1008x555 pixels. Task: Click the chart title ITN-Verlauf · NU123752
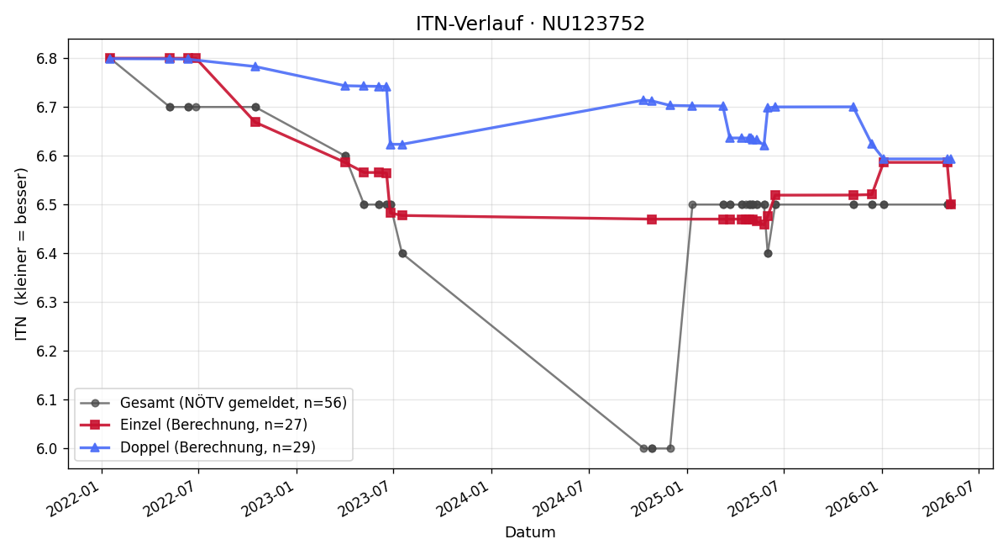pos(530,24)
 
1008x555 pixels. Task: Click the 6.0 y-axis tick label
pos(47,449)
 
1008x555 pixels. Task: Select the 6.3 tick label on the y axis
pos(47,302)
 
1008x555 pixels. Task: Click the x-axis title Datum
pos(530,532)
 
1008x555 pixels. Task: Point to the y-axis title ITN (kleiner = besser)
pos(21,254)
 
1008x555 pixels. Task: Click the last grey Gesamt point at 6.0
pos(670,449)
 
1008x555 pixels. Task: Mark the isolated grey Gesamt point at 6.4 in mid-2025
pos(768,254)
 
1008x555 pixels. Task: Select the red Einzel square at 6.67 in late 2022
pos(255,122)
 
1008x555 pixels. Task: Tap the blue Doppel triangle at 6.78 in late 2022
pos(255,66)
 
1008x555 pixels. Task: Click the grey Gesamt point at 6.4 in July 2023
pos(402,254)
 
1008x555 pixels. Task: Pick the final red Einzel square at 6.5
pos(951,204)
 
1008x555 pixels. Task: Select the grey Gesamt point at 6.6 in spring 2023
pos(345,156)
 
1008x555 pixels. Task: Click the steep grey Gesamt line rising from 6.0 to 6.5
pos(681,326)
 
